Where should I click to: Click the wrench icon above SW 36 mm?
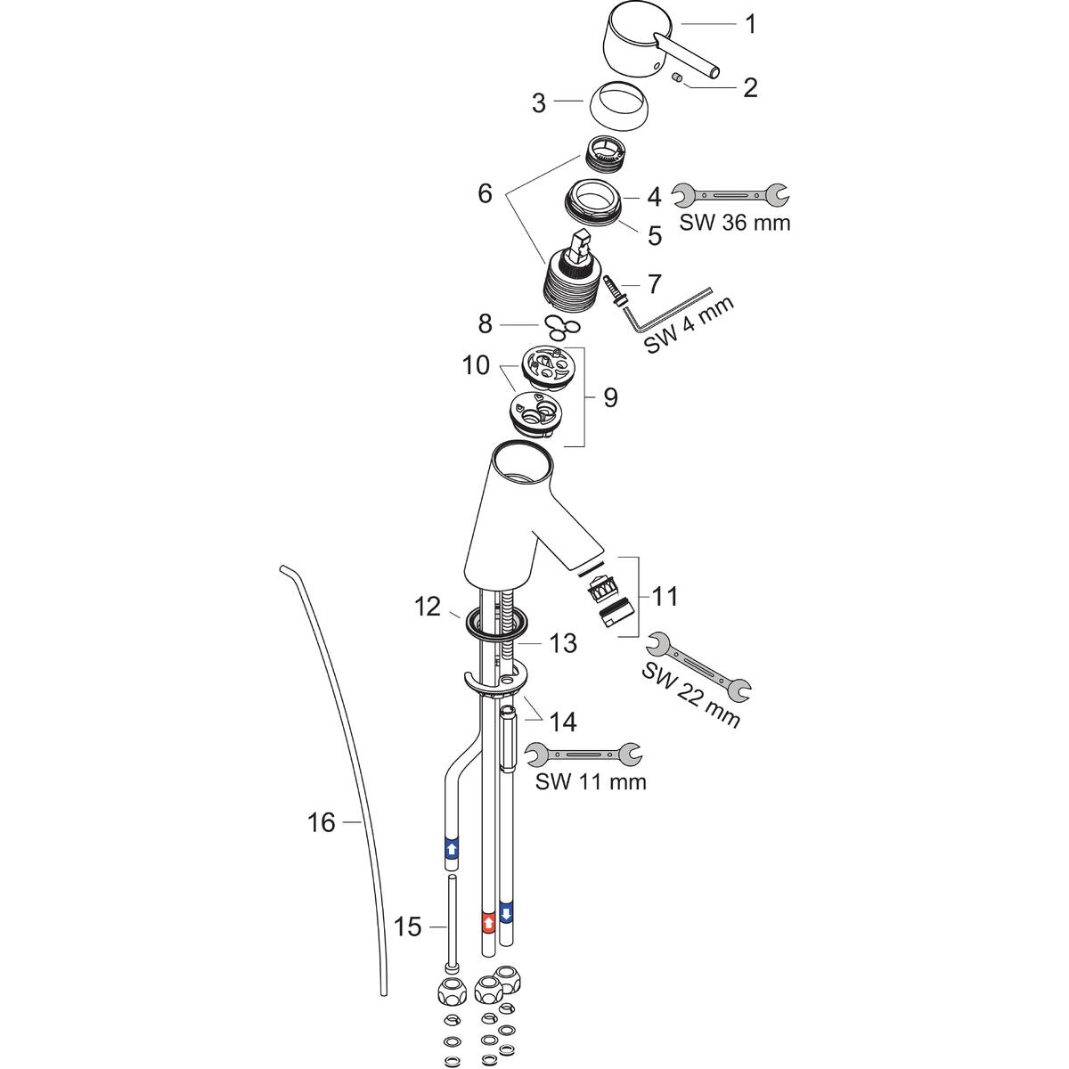[730, 193]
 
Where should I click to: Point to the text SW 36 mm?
[734, 223]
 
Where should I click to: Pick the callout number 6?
[485, 193]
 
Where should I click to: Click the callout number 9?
[609, 396]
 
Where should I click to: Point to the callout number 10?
[476, 365]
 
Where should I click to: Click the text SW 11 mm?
[590, 782]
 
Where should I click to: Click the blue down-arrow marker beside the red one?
[507, 913]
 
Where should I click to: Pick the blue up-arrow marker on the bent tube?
[452, 847]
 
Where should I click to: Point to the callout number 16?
[322, 822]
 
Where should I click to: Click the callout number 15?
[407, 926]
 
